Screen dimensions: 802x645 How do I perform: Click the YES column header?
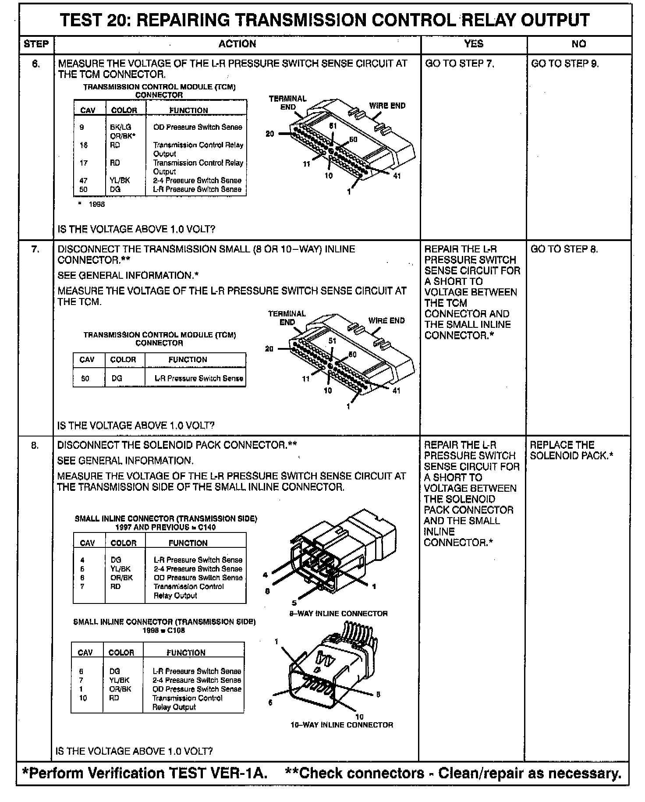click(x=473, y=44)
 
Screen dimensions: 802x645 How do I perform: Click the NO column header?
click(x=578, y=44)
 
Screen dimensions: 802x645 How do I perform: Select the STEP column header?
click(x=36, y=44)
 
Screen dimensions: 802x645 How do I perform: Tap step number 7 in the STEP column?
click(x=35, y=249)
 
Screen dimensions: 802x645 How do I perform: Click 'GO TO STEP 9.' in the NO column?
click(x=565, y=64)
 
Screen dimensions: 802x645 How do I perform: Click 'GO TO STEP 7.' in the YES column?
click(x=460, y=64)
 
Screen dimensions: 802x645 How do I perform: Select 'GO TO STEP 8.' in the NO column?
click(x=564, y=249)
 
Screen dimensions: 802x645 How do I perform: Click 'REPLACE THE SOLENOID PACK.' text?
click(x=571, y=450)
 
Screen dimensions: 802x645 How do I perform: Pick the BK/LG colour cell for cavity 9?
click(x=120, y=127)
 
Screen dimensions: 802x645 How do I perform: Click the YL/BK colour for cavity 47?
click(x=120, y=180)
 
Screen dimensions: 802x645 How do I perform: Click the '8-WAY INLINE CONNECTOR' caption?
click(x=338, y=614)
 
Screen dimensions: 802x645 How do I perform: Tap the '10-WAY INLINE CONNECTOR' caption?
click(x=341, y=725)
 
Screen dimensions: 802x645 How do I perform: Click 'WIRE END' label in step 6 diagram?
click(x=387, y=106)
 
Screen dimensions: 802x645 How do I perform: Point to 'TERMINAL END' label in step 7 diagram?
click(x=287, y=318)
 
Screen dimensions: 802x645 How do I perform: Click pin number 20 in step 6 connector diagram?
click(x=270, y=133)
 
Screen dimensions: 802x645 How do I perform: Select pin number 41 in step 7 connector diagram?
click(x=396, y=390)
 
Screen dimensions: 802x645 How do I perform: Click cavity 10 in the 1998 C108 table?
click(x=83, y=698)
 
